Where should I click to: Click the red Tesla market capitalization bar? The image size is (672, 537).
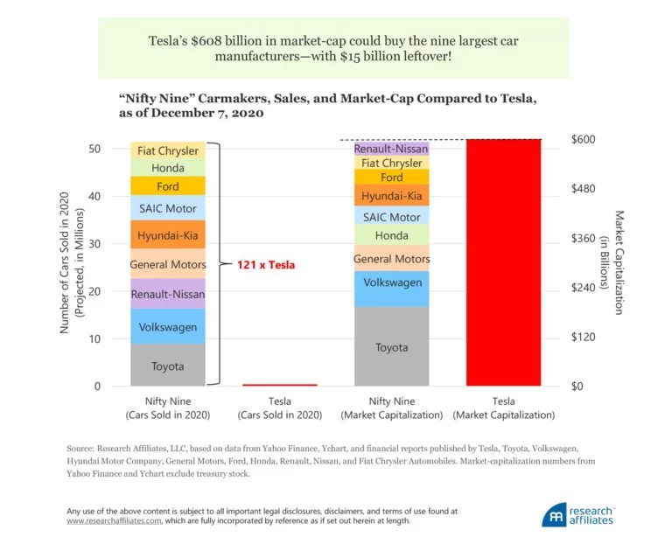click(503, 262)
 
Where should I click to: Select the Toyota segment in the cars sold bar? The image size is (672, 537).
click(168, 366)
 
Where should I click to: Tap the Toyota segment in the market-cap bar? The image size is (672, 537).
click(391, 347)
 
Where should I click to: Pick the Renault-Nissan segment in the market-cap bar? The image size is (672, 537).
click(391, 149)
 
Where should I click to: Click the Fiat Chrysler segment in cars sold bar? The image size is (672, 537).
click(168, 151)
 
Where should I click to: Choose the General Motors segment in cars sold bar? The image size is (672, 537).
click(168, 264)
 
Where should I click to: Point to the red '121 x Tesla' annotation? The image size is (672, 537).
click(266, 264)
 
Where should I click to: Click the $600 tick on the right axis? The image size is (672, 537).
click(583, 140)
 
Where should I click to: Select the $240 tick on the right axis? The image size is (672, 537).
click(583, 288)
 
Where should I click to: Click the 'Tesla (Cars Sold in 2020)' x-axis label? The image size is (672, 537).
click(279, 408)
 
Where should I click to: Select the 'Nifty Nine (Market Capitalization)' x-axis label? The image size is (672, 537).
click(391, 408)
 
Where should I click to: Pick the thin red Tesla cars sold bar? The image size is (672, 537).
click(279, 384)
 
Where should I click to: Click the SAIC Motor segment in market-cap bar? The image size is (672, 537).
click(391, 217)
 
